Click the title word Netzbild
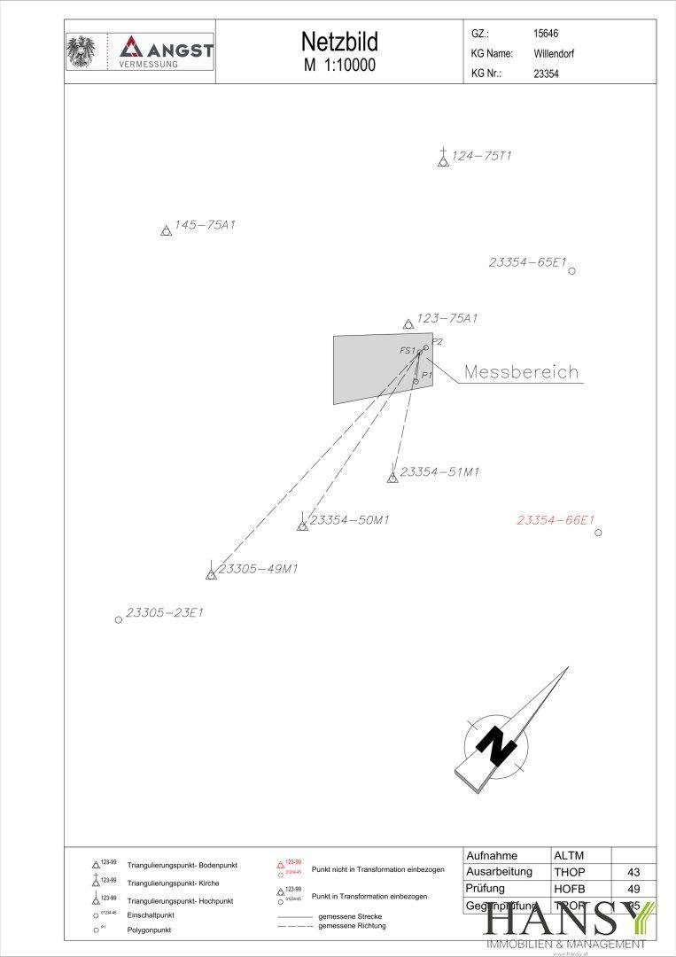[x=339, y=43]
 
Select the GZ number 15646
[x=546, y=33]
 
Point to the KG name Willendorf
[x=554, y=53]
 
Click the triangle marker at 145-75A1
[x=166, y=231]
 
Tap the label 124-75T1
[x=482, y=156]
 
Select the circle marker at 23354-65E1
[x=571, y=270]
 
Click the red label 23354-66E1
[x=556, y=520]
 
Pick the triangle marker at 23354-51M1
[x=392, y=478]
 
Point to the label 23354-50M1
[x=349, y=519]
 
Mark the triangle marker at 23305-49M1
[x=211, y=575]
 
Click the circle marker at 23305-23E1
[x=118, y=619]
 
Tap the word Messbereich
[x=522, y=372]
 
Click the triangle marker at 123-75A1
[x=408, y=324]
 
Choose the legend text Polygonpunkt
[x=150, y=930]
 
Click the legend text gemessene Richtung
[x=352, y=925]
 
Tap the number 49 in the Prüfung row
[x=633, y=889]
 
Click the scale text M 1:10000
[x=339, y=66]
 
